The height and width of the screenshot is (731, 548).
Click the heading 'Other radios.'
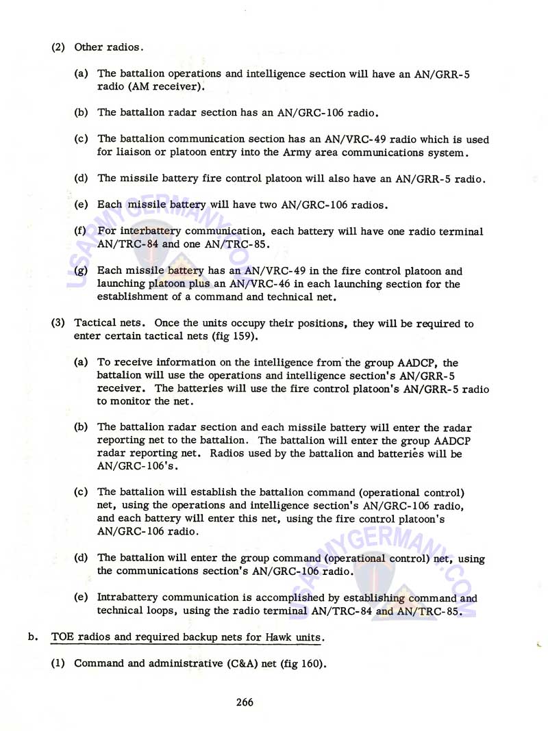pos(109,47)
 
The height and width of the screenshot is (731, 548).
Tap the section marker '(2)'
pos(59,47)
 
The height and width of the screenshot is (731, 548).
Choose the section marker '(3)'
pos(59,323)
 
